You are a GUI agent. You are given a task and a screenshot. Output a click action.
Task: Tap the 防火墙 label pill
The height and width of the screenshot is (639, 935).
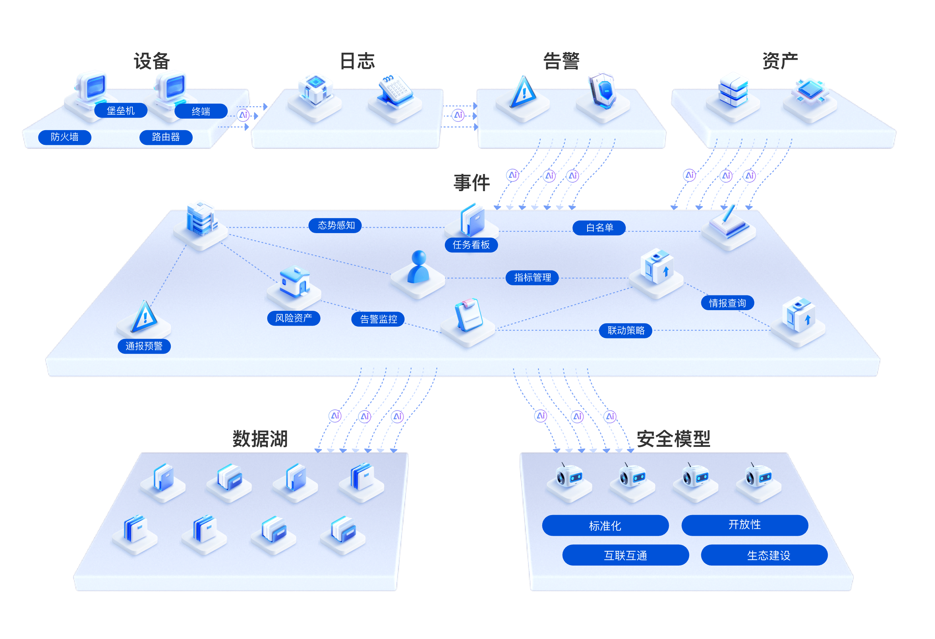[65, 137]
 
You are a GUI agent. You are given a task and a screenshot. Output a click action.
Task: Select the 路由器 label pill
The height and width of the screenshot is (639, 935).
[166, 137]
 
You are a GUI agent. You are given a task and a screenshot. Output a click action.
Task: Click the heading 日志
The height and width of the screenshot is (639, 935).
[357, 61]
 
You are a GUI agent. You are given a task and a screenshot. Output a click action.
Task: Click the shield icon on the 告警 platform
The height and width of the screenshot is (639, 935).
[602, 90]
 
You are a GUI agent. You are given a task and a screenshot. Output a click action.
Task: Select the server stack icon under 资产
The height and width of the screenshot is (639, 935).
[733, 90]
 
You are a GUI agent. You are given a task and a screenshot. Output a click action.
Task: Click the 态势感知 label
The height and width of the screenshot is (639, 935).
[335, 225]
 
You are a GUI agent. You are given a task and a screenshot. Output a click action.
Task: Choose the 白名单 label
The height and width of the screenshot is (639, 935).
[599, 228]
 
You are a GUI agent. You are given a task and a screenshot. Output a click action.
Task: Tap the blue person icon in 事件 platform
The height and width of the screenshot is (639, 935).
[418, 267]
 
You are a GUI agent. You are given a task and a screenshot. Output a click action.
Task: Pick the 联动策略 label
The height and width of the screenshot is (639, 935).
[626, 331]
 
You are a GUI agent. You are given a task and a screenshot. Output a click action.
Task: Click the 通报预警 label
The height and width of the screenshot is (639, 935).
[144, 347]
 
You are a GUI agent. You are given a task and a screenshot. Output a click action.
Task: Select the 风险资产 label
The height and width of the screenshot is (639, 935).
[294, 318]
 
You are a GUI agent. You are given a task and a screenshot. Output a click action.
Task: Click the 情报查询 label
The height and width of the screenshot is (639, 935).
[727, 303]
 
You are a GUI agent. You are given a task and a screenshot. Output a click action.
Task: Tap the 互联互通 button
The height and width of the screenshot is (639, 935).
[625, 555]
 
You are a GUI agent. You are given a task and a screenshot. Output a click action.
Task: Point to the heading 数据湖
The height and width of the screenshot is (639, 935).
[260, 439]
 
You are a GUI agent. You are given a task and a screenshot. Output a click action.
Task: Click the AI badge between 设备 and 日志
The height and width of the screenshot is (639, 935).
[243, 115]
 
